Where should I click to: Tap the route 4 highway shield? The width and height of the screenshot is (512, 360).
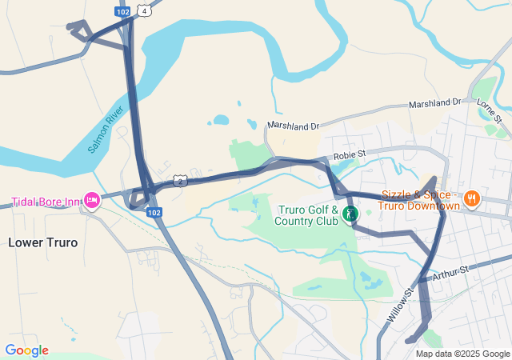click(143, 10)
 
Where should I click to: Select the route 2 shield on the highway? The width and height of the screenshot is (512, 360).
click(182, 181)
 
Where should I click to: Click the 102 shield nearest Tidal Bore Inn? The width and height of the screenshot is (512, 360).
click(154, 213)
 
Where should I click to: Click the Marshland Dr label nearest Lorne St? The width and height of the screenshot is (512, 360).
click(435, 104)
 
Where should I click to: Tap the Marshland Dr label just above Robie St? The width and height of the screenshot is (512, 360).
click(294, 126)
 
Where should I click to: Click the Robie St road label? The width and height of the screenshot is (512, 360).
click(349, 153)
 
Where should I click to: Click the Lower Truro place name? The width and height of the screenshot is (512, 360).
click(43, 242)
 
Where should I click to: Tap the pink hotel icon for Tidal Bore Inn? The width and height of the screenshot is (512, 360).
click(92, 200)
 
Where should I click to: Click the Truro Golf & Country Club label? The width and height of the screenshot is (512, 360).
click(308, 214)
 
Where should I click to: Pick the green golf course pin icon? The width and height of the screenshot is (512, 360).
click(350, 214)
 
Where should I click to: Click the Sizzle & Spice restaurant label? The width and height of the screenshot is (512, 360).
click(421, 200)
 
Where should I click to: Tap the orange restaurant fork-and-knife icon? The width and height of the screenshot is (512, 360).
click(473, 198)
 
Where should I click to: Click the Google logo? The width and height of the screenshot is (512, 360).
click(26, 350)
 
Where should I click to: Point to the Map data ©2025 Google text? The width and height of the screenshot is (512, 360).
click(462, 354)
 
